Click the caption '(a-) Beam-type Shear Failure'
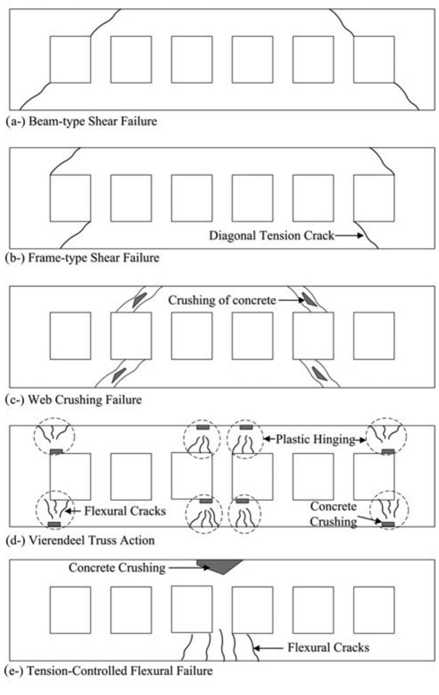click(82, 121)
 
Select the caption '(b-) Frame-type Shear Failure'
click(82, 258)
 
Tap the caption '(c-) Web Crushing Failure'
click(73, 400)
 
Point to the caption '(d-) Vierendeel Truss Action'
click(81, 540)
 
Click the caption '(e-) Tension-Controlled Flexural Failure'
click(108, 671)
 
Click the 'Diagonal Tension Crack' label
click(271, 235)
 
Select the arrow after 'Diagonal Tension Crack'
click(349, 235)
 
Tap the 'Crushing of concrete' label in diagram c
click(222, 300)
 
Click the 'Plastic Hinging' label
click(315, 439)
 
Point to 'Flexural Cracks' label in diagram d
click(125, 511)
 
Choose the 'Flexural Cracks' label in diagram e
click(328, 648)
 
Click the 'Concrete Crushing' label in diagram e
click(117, 568)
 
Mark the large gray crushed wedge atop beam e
click(219, 566)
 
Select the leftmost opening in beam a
click(70, 60)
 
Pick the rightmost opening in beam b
click(374, 198)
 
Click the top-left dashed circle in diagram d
click(55, 436)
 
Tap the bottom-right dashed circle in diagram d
click(389, 510)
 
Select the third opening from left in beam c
click(192, 336)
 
